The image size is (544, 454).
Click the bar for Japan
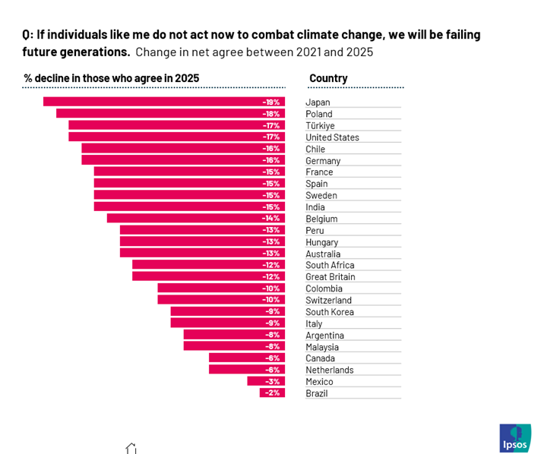click(163, 102)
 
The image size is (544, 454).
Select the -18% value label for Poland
click(271, 114)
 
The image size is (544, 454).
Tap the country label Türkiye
click(320, 126)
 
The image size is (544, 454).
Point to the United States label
click(332, 137)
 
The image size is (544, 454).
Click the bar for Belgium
click(195, 219)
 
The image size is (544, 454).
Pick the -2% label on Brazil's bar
click(273, 393)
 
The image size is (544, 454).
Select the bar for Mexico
click(266, 381)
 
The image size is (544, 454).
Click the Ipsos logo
click(514, 438)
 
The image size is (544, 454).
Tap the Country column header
click(328, 78)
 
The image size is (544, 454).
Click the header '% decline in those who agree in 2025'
click(111, 78)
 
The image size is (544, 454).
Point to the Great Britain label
click(330, 277)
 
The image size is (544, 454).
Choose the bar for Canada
click(247, 358)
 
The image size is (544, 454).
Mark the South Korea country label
click(329, 312)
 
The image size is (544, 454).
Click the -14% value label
click(271, 219)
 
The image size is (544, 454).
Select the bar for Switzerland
click(221, 300)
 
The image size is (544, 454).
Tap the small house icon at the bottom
click(131, 449)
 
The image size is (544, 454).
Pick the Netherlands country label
click(329, 370)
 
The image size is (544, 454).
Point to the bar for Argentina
click(234, 335)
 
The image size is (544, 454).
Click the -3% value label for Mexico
click(273, 381)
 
